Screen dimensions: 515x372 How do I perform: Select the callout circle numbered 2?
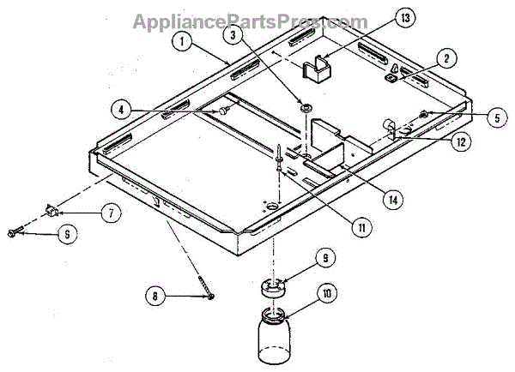(445, 58)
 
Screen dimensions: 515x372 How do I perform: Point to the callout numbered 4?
(123, 109)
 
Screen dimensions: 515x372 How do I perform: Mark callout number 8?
(155, 297)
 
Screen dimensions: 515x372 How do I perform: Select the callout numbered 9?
(324, 256)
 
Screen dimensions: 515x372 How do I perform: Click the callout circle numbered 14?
(391, 199)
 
